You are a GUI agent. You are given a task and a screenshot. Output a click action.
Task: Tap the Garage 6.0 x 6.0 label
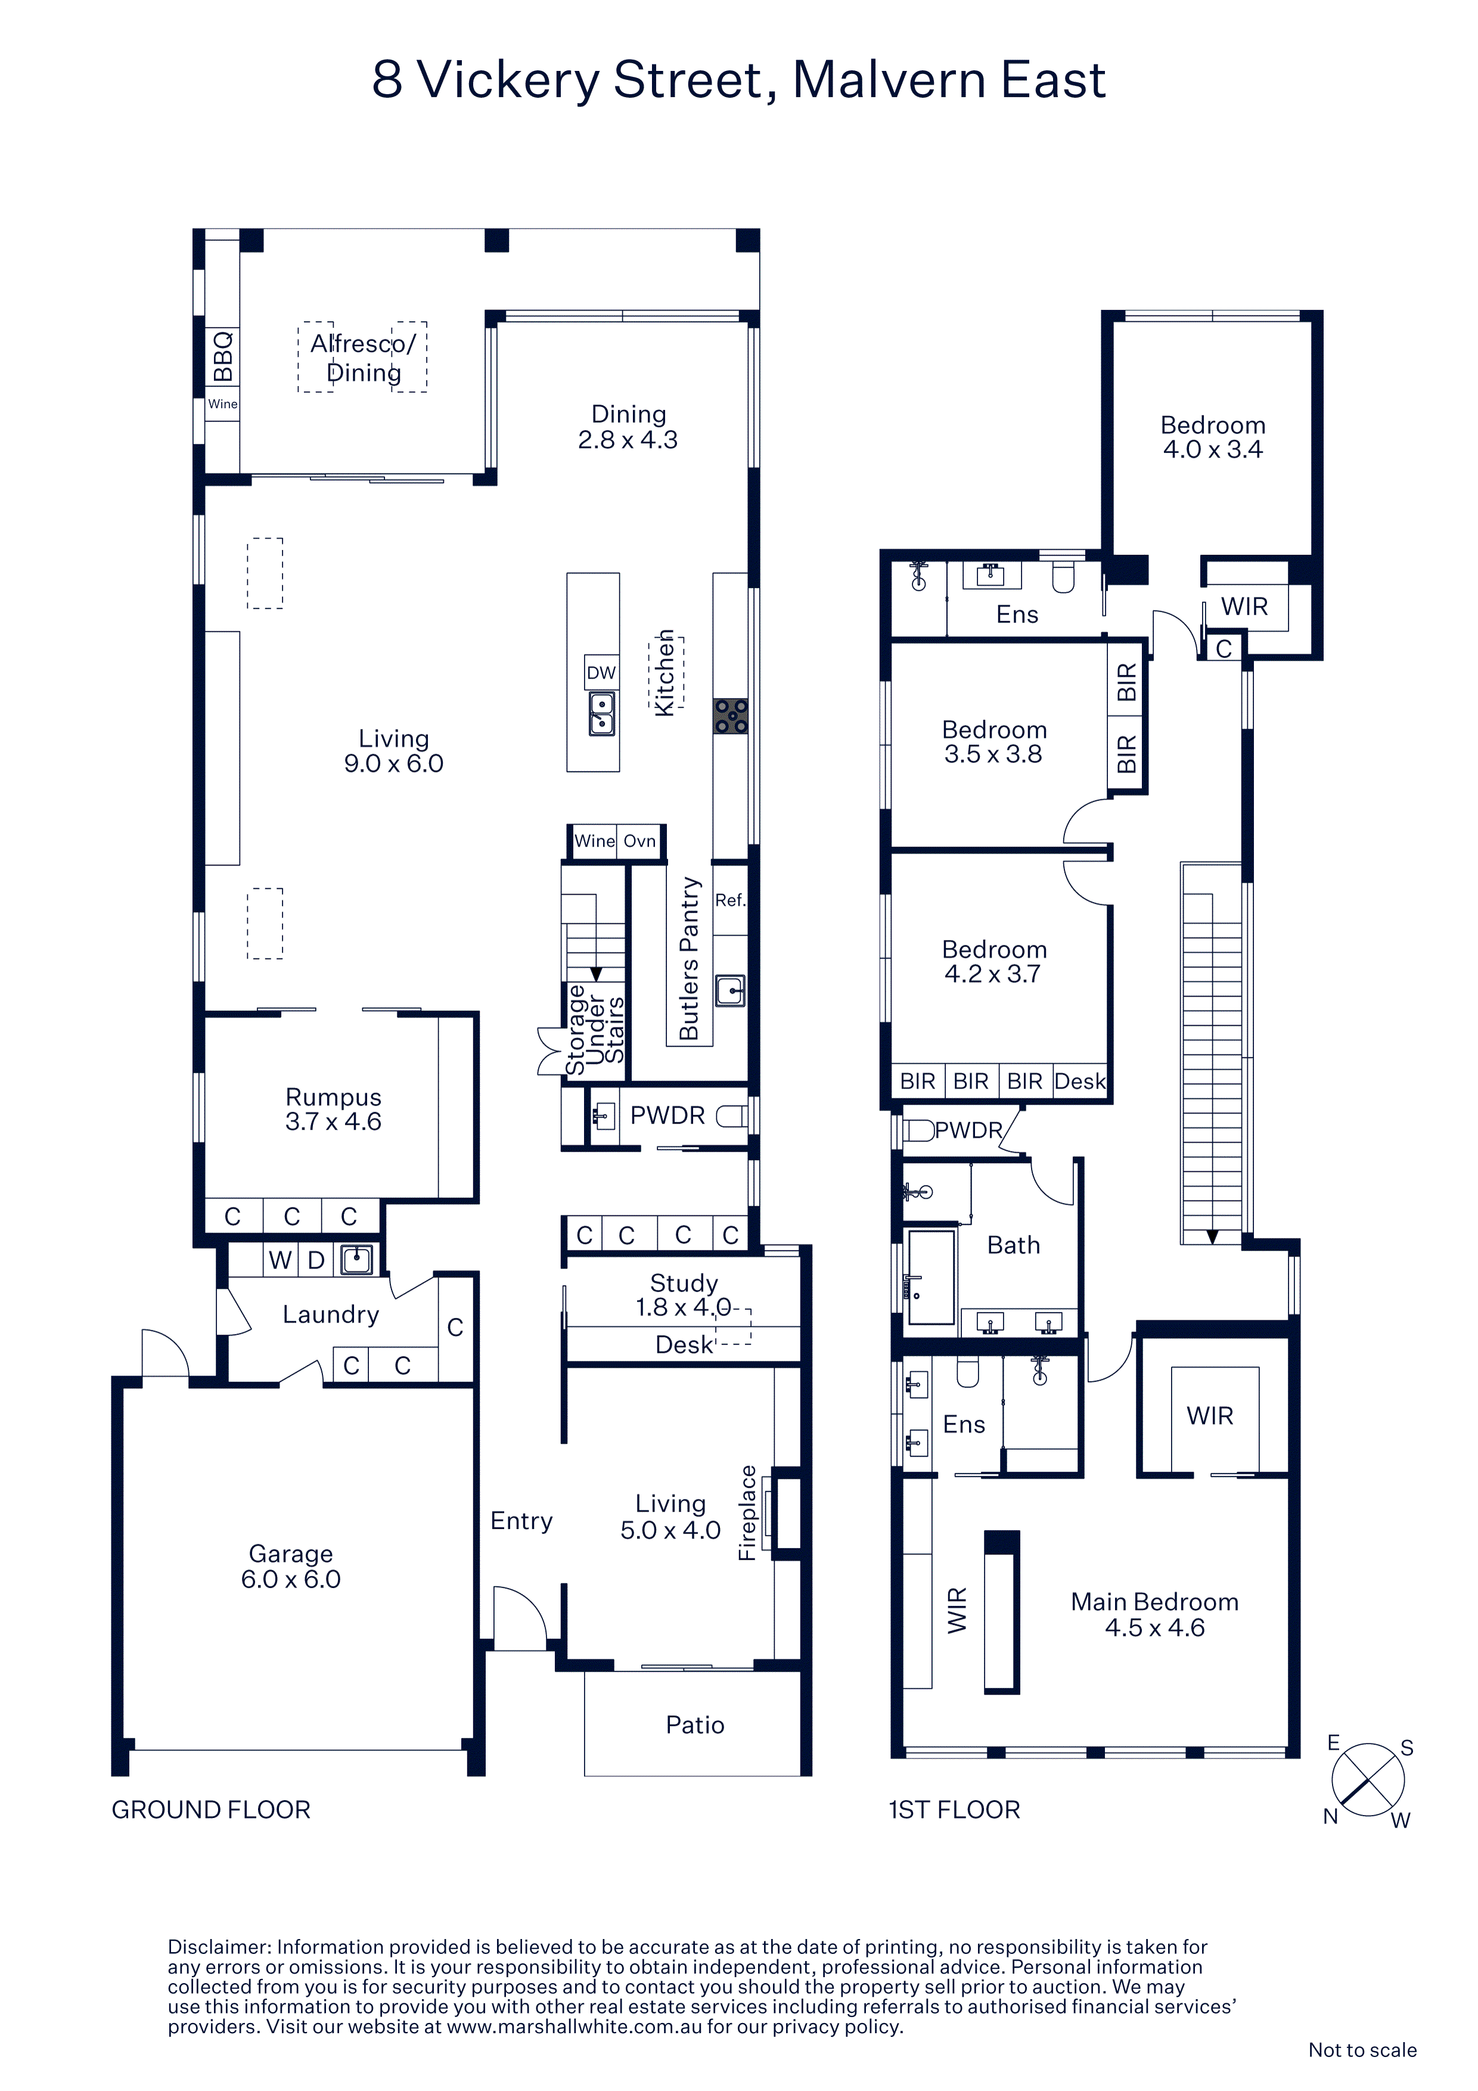290,1566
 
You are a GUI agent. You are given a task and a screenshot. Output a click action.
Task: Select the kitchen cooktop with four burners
730,716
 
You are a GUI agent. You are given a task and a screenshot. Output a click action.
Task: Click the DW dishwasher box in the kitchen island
601,672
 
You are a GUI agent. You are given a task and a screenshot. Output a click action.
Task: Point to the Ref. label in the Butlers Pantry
730,900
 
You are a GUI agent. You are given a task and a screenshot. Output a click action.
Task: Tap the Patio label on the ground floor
695,1725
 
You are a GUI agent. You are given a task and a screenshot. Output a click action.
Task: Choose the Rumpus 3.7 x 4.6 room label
333,1109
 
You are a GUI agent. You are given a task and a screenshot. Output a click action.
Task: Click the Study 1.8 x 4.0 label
683,1295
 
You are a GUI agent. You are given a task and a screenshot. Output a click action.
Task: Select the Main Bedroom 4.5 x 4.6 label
1155,1615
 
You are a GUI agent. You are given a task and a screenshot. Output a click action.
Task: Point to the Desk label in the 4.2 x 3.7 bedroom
1080,1081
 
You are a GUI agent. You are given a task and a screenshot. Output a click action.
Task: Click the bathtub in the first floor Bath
931,1277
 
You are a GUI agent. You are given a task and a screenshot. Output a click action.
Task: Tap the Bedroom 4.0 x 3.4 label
1213,437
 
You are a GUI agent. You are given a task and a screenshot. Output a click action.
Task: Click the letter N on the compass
1330,1817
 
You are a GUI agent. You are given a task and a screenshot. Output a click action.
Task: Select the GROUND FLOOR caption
212,1810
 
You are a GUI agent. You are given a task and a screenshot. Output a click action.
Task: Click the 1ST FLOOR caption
954,1810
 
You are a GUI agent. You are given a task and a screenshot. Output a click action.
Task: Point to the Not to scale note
1362,2050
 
